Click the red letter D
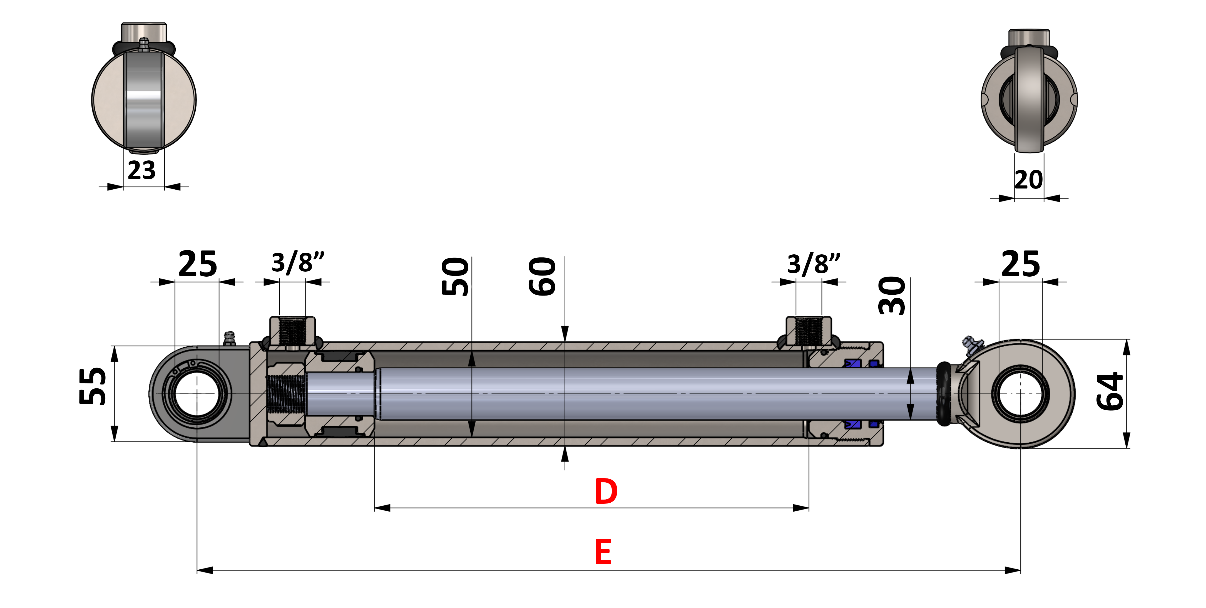606,491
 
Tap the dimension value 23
141,170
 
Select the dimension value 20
1029,180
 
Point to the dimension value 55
93,386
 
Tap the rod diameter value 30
892,296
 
